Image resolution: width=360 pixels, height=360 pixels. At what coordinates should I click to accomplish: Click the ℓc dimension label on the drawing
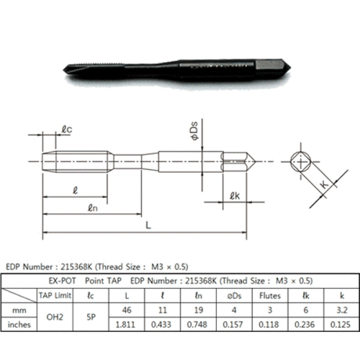tap(66, 130)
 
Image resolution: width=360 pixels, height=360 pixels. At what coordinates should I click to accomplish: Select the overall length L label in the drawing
tap(148, 225)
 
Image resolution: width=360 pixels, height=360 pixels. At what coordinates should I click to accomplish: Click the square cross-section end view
tap(300, 161)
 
